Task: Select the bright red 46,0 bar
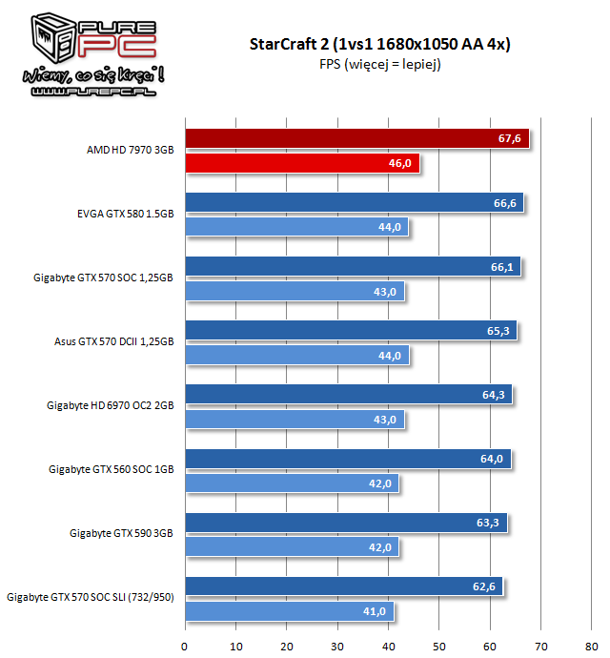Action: pyautogui.click(x=300, y=164)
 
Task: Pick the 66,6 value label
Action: pyautogui.click(x=503, y=203)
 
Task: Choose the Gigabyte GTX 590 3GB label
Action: pyautogui.click(x=122, y=533)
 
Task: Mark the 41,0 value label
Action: pyautogui.click(x=375, y=611)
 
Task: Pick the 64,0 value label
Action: pyautogui.click(x=492, y=459)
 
